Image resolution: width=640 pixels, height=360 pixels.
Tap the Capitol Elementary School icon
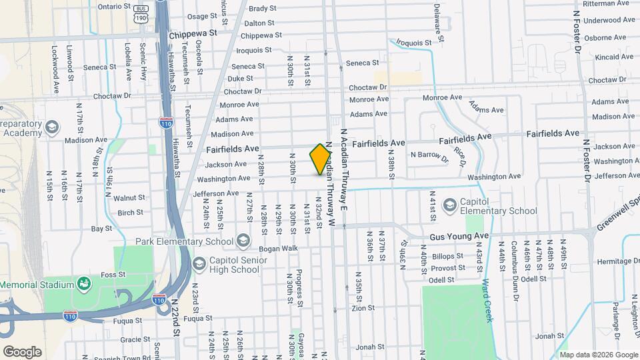point(450,205)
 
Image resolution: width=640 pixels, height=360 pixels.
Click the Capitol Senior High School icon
point(199,264)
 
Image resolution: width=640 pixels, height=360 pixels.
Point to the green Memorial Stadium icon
point(84,284)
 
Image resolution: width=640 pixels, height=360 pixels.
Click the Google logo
point(23,351)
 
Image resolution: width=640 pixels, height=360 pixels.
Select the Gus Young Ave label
point(459,236)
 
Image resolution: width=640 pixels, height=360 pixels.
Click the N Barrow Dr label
point(429,155)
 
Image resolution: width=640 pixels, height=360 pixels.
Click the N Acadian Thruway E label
point(344,170)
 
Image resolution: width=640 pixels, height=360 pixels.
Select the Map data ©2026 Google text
point(597,354)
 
